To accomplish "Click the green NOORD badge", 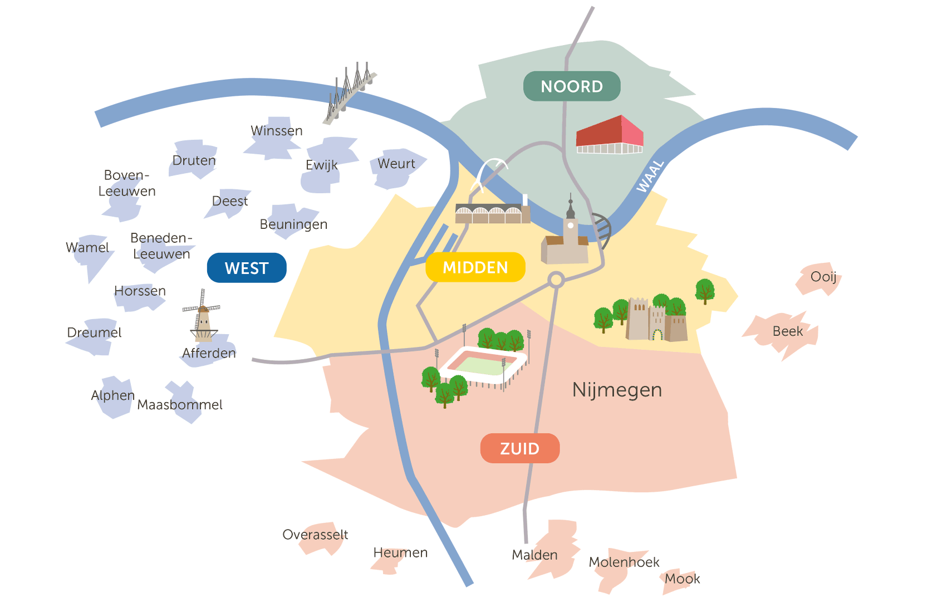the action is click(x=572, y=86).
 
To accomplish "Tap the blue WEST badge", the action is click(x=247, y=268).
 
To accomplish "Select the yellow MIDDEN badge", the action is click(x=475, y=267).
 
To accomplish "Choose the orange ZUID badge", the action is click(x=520, y=448).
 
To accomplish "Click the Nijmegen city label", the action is click(x=617, y=390).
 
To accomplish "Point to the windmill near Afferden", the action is click(x=203, y=316).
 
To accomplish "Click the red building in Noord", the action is click(x=610, y=134).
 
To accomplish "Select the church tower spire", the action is click(x=570, y=206).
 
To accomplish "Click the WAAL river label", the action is click(x=650, y=177).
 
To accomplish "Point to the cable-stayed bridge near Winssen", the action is click(x=350, y=92).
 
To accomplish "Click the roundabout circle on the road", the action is click(x=556, y=280).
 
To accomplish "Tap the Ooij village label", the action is click(x=823, y=277).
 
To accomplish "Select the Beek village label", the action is click(x=788, y=331).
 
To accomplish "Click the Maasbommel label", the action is click(x=180, y=404).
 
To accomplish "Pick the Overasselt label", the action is click(x=315, y=535).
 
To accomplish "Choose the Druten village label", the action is click(x=194, y=160).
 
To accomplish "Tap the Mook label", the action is click(x=682, y=578).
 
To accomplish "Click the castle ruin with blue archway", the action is click(x=656, y=319).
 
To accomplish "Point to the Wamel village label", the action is click(x=87, y=247).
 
